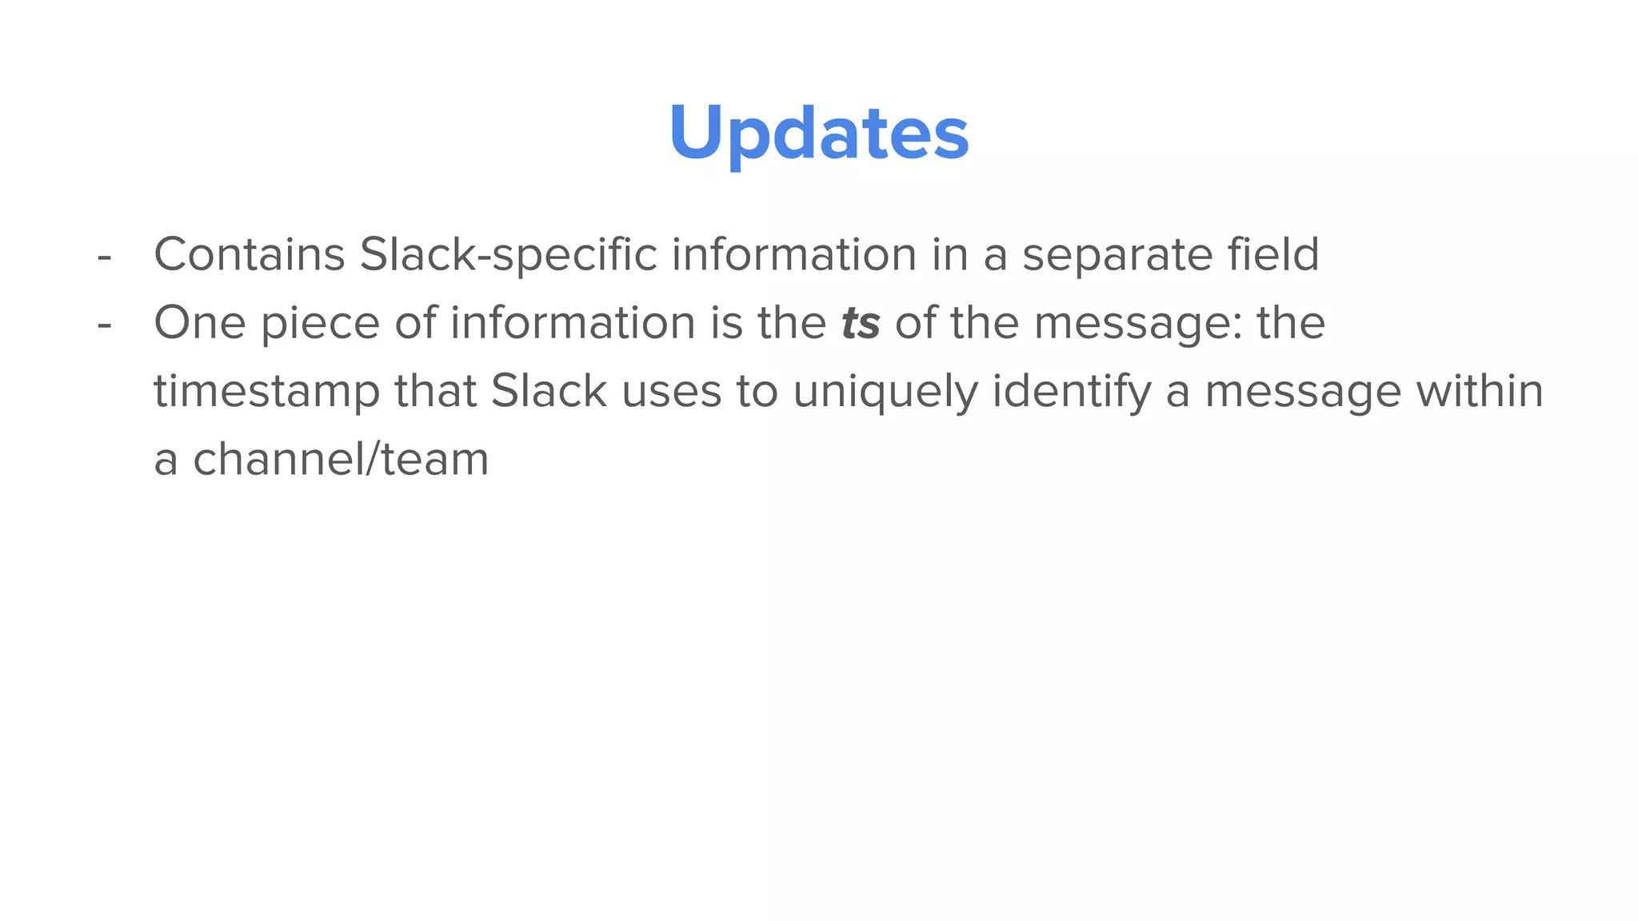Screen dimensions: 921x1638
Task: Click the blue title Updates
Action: [x=819, y=133]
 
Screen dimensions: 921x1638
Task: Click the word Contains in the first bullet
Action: [x=249, y=255]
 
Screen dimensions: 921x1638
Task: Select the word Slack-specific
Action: [x=508, y=255]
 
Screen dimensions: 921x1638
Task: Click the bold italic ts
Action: [x=861, y=323]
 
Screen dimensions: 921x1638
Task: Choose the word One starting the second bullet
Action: [x=199, y=323]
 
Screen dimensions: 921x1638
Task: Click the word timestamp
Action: [x=266, y=393]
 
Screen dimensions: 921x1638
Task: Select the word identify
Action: [x=1072, y=393]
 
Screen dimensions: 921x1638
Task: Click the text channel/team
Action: [x=341, y=460]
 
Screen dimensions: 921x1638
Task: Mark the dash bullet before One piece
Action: [x=103, y=326]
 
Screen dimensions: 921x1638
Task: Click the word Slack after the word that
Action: [x=549, y=391]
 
